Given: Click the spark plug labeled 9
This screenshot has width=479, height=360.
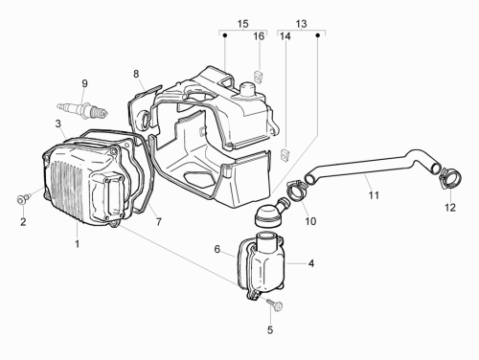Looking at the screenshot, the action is [x=82, y=110].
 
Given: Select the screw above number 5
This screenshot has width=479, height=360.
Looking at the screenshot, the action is [x=275, y=304].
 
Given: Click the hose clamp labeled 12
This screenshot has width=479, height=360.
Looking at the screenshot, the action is [x=451, y=176].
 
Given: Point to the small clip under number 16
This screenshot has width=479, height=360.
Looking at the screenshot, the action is [x=259, y=76].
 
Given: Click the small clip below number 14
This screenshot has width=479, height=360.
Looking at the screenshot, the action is [x=285, y=154].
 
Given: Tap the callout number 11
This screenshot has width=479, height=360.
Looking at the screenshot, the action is [x=374, y=194].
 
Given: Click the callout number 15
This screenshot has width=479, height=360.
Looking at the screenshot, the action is [x=242, y=24].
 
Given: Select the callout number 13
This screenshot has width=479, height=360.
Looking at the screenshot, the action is [x=301, y=24].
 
